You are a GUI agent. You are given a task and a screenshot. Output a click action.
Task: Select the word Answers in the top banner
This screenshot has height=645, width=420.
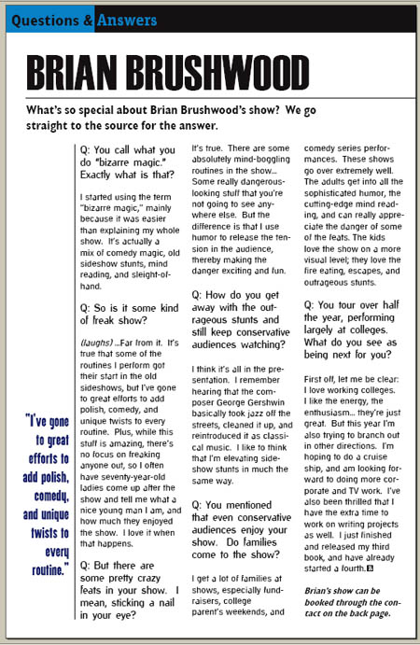click(126, 18)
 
